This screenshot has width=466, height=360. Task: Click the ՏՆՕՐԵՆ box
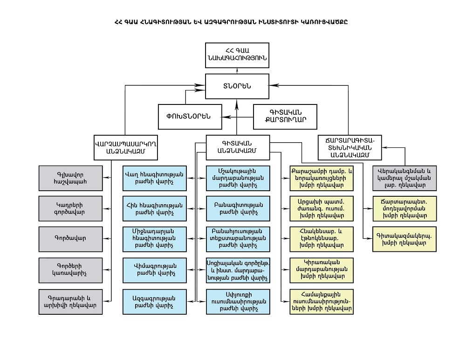[237, 85]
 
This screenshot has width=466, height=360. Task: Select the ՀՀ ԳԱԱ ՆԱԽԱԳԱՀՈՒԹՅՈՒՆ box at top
[237, 55]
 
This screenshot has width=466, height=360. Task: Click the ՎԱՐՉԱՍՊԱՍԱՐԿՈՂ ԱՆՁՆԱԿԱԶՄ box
[124, 147]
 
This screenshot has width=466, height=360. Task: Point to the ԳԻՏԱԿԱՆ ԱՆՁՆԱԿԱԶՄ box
[237, 147]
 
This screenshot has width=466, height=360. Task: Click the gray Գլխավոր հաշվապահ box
[70, 178]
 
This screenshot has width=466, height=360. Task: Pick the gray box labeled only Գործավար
[70, 238]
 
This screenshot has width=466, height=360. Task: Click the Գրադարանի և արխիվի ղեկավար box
[70, 302]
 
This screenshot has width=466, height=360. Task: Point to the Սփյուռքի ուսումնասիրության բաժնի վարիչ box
[238, 301]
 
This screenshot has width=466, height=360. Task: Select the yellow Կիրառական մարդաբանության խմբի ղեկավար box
[322, 269]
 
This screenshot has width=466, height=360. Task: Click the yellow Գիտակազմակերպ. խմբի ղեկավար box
[404, 239]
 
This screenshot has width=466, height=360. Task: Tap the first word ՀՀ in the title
[119, 22]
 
